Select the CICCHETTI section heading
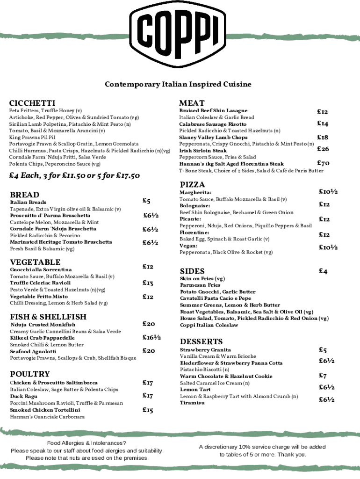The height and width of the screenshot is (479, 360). pos(32,103)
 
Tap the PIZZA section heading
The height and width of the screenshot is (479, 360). pos(192,185)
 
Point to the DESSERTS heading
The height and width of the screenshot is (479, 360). pos(201,341)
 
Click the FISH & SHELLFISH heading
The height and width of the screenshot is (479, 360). pos(48,317)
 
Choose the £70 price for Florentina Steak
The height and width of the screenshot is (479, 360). pos(323,164)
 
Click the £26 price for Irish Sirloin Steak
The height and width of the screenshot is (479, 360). pos(323,149)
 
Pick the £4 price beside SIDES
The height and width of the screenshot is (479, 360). pos(323,271)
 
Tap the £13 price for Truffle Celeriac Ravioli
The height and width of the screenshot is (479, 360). pos(148,283)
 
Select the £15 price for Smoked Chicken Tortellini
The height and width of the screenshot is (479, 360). pos(148,410)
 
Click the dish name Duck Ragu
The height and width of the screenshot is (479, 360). pos(24,396)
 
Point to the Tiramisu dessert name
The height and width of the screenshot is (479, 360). pos(192,403)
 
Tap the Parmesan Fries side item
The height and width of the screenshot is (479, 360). pos(200,285)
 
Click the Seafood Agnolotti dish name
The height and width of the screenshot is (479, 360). pos(33,351)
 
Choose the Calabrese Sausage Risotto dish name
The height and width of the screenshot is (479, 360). pos(213,124)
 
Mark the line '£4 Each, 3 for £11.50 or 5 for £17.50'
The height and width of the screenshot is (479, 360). pos(75,176)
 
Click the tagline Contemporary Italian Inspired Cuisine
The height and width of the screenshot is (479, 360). pos(178,85)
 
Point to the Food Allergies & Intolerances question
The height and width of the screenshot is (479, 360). pos(87,443)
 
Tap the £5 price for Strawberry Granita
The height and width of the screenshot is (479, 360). pos(323,350)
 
